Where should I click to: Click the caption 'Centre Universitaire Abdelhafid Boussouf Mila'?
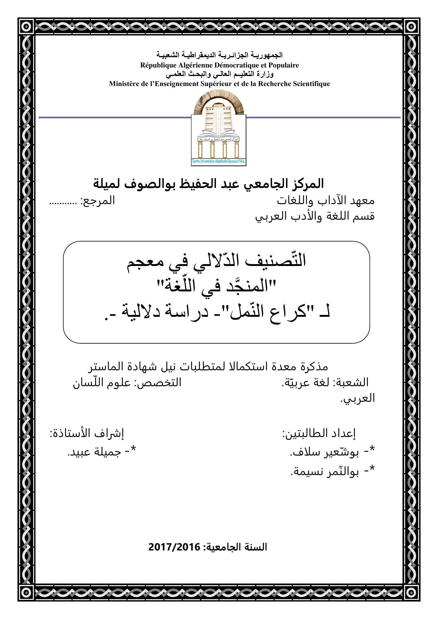point(218,161)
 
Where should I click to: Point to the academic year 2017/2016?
point(174,547)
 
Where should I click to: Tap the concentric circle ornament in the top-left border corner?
point(26,26)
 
